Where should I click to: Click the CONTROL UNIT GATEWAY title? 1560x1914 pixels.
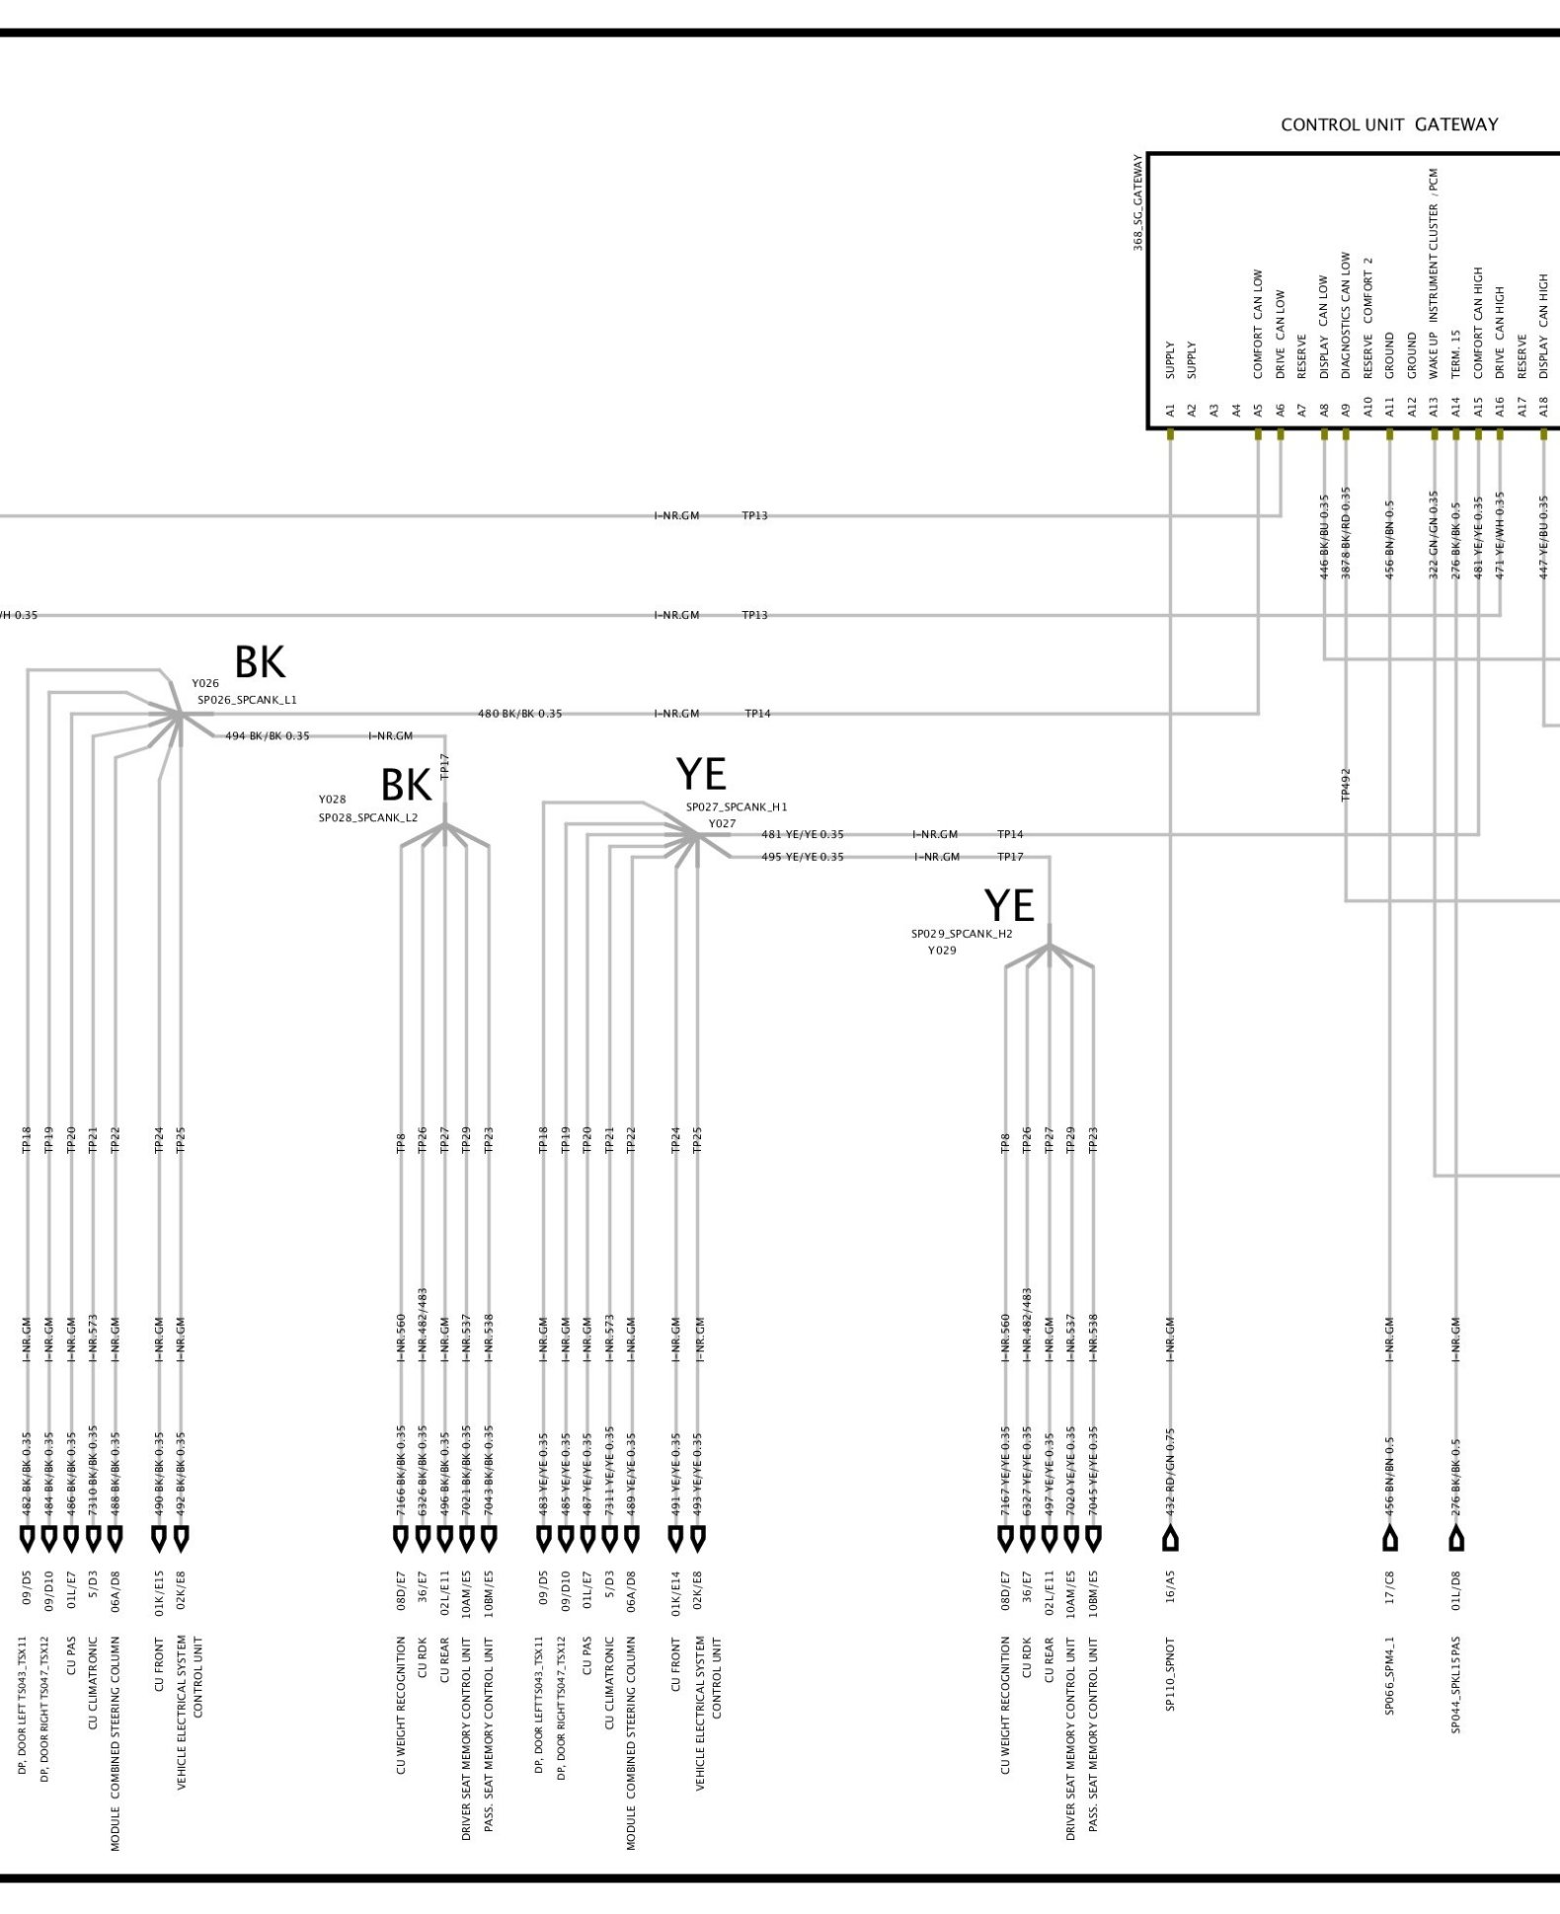1388,125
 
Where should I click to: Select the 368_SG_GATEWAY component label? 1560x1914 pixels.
1137,202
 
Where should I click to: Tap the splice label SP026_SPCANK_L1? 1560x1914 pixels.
247,700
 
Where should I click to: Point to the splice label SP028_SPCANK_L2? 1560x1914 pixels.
367,817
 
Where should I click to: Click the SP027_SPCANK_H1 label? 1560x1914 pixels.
737,806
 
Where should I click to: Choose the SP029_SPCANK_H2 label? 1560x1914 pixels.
961,933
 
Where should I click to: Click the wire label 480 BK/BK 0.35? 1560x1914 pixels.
519,714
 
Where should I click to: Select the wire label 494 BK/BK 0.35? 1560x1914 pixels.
267,736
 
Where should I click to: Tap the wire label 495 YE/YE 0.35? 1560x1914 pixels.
802,857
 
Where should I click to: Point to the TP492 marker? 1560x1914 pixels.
1346,785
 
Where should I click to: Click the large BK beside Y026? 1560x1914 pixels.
260,663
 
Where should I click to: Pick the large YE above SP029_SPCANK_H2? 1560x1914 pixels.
1009,906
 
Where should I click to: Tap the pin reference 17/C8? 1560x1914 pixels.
1389,1597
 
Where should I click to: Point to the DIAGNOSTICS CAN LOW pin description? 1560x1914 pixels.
1346,315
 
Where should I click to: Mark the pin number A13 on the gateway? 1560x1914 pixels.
1434,409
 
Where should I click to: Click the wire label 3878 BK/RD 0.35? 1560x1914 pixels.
1346,533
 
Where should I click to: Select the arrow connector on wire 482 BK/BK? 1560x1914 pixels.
27,1538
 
